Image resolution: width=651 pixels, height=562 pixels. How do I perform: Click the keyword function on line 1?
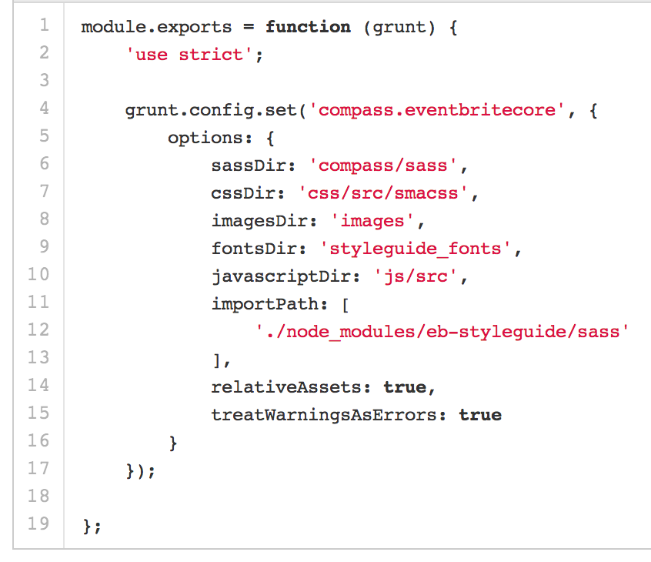point(308,27)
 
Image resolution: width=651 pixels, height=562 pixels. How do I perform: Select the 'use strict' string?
point(190,55)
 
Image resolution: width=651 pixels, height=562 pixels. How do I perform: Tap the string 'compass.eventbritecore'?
point(436,110)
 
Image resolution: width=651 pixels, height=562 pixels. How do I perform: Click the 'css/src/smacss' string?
point(384,193)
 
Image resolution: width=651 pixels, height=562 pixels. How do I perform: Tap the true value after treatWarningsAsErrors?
point(480,415)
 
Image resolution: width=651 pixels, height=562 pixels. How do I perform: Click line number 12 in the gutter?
point(38,330)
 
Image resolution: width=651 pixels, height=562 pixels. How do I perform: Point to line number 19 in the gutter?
point(38,524)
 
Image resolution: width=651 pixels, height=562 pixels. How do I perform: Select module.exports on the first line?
point(156,27)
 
